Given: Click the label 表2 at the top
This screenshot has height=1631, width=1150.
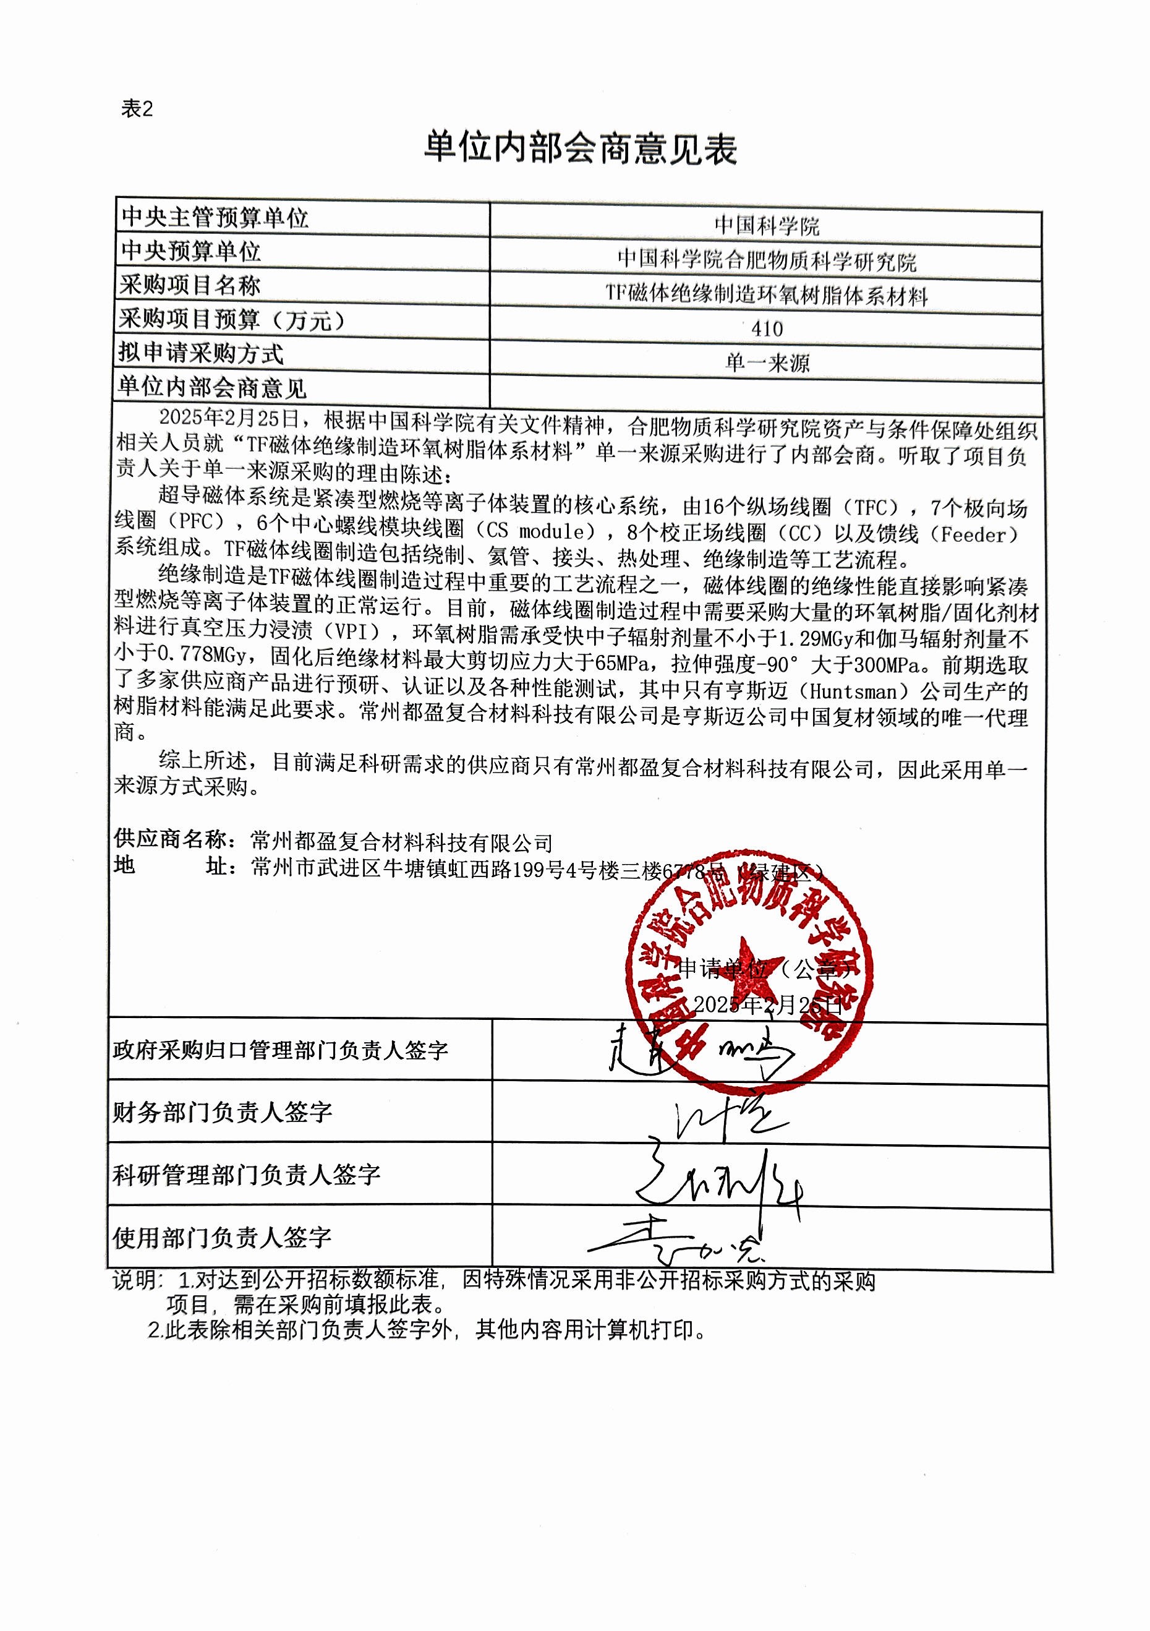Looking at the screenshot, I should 137,109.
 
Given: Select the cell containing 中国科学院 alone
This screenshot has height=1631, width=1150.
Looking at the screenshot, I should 767,226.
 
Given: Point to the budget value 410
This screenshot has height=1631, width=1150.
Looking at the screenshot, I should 767,329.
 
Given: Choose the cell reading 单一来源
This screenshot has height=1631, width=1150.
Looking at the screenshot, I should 767,363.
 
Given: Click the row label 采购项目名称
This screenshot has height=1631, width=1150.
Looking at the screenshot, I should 190,286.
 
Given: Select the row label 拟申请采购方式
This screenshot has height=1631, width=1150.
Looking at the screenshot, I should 200,353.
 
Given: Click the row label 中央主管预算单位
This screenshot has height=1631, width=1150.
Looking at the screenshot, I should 215,217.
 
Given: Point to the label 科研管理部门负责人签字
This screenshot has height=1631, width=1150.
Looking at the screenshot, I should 247,1175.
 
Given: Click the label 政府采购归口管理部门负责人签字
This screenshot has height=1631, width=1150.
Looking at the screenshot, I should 280,1050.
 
